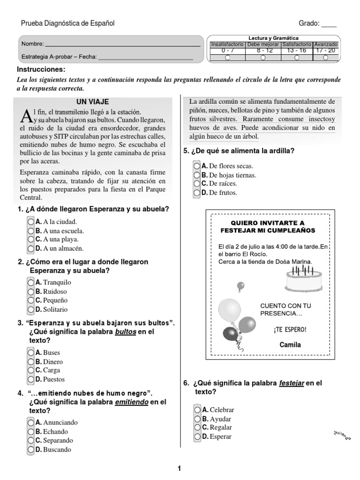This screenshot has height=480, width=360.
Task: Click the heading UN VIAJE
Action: [x=96, y=101]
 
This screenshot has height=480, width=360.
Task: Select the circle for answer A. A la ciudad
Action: [x=30, y=222]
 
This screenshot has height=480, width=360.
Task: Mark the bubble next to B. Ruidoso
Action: [x=30, y=292]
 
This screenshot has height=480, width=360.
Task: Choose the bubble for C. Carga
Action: [x=30, y=370]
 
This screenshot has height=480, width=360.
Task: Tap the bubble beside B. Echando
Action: [x=30, y=432]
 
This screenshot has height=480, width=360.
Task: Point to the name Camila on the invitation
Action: [x=291, y=345]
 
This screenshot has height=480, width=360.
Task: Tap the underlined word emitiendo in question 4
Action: [x=131, y=402]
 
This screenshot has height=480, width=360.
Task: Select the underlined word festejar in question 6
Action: [x=292, y=383]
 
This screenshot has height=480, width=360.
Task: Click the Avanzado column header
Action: [x=325, y=44]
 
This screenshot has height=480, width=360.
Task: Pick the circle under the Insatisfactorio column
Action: [x=227, y=58]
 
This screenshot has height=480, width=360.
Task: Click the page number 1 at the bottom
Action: [x=179, y=468]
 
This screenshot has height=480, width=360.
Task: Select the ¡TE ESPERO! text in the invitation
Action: [x=290, y=329]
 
